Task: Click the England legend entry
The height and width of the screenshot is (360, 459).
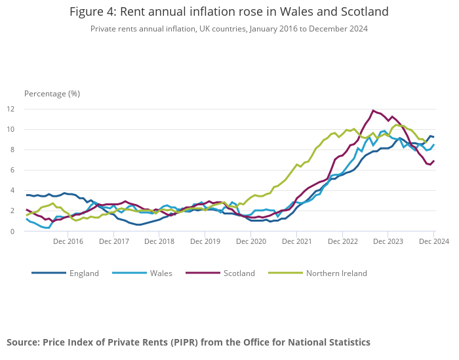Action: [x=84, y=273]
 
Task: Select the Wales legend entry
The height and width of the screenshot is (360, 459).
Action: [x=161, y=273]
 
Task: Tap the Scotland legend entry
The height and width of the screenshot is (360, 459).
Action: [x=239, y=273]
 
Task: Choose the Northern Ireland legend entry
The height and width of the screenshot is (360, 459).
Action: [x=336, y=273]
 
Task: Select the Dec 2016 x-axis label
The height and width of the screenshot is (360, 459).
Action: [x=68, y=242]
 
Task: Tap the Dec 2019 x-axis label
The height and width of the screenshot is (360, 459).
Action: [x=205, y=242]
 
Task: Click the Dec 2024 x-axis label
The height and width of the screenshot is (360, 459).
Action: [x=433, y=242]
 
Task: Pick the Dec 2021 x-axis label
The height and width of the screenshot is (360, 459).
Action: [x=297, y=242]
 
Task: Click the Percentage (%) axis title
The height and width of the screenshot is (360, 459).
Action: [x=52, y=93]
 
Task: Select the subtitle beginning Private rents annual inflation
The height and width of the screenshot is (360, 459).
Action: [x=229, y=29]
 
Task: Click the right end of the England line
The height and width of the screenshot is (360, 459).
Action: [x=433, y=137]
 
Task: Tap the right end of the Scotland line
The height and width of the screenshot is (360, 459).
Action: [x=433, y=161]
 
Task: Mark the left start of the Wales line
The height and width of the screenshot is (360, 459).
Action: [x=27, y=219]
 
